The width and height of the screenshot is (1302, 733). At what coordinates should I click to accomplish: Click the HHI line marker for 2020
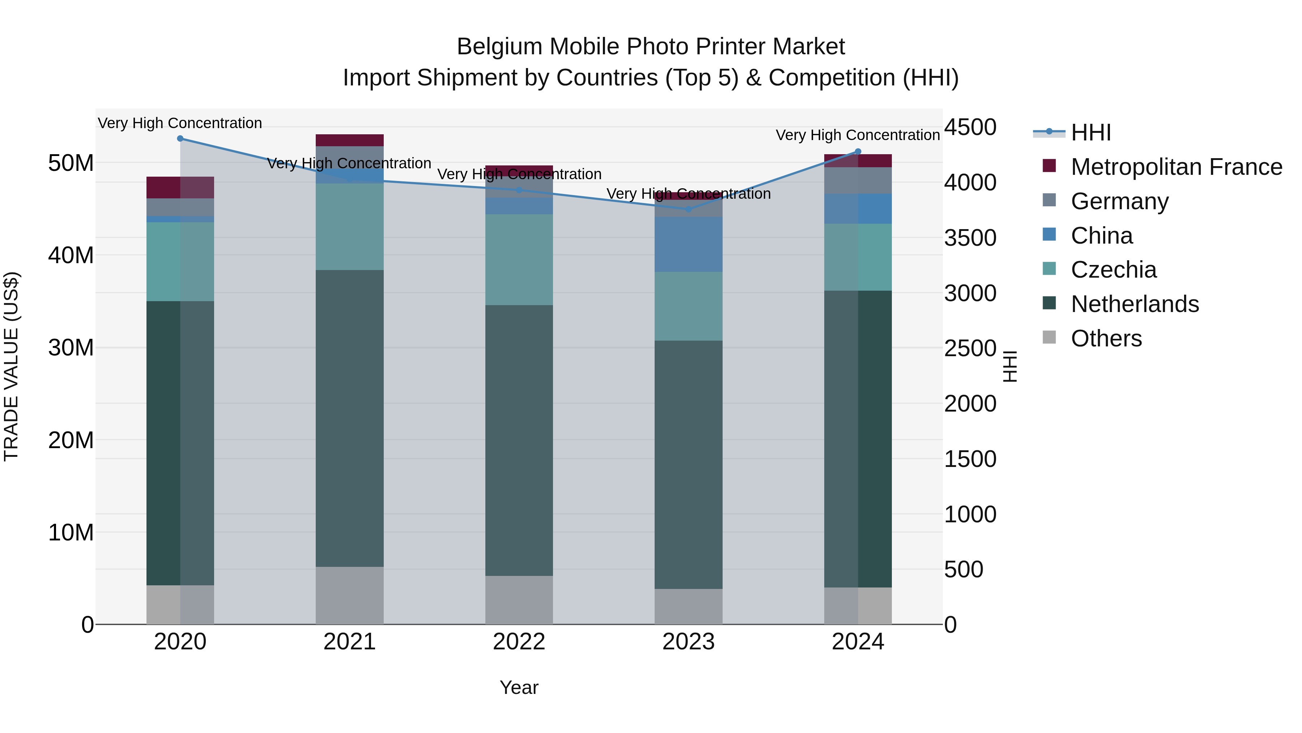(180, 139)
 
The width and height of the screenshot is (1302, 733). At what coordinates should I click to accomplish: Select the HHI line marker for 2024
(858, 151)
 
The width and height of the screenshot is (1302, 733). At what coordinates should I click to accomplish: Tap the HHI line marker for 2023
(688, 209)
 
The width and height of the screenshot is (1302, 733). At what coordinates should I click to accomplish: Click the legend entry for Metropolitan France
(1176, 167)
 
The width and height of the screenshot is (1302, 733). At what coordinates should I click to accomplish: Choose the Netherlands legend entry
(1134, 304)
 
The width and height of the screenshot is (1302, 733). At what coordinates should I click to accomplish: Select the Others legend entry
(1106, 338)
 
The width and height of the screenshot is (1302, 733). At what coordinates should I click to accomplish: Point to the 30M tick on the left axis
(71, 348)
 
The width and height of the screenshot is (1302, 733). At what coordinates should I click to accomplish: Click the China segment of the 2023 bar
(688, 244)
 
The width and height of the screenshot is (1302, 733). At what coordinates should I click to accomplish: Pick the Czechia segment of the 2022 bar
(519, 260)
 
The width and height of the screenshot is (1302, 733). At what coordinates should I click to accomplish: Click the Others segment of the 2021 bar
(350, 595)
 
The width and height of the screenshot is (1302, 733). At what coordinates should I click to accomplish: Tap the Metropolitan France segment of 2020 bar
(180, 188)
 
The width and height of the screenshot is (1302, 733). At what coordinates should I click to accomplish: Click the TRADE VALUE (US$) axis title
(11, 367)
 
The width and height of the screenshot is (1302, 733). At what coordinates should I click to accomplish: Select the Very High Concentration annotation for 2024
(858, 135)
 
